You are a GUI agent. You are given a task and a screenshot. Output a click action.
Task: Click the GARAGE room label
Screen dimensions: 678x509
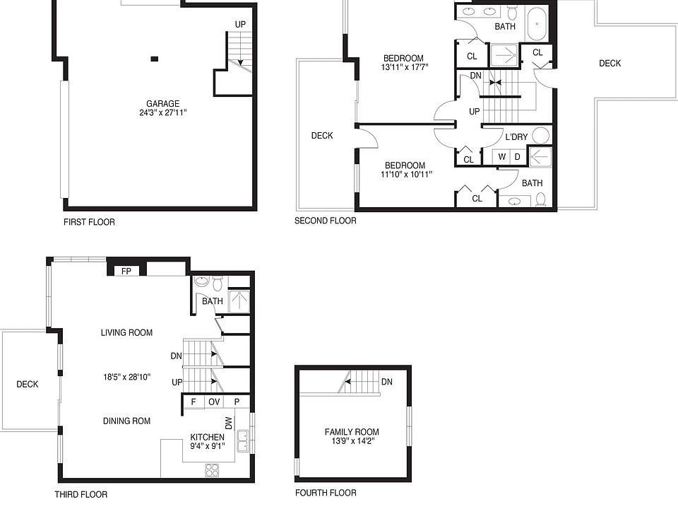[x=162, y=104]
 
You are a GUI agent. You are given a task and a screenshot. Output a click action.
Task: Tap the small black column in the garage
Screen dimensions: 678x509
[x=155, y=59]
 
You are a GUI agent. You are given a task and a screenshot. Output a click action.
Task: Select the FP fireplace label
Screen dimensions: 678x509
[x=126, y=271]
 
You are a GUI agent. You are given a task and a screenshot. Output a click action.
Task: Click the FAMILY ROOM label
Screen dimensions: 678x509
[x=352, y=432]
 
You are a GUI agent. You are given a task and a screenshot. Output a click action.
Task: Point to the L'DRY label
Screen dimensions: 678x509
[x=516, y=136]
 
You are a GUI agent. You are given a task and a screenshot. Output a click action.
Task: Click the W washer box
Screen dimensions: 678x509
[x=501, y=157]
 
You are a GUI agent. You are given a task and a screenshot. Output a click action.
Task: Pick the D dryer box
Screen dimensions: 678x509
[x=518, y=157]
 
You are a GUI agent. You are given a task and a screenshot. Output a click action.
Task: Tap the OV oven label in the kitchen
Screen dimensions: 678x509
[x=214, y=402]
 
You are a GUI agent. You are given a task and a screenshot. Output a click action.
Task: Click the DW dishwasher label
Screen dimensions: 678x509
[x=229, y=423]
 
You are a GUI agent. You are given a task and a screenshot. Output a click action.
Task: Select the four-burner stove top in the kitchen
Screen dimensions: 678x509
[x=212, y=470]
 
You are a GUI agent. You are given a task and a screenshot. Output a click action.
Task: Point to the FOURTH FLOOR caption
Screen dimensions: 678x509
[x=326, y=493]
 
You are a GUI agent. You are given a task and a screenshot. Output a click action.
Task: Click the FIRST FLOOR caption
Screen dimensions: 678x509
[x=89, y=222]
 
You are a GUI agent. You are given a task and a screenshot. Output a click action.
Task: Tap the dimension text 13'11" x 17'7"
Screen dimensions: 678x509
[x=405, y=68]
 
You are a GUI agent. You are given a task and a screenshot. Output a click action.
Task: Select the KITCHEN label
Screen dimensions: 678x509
[x=207, y=437]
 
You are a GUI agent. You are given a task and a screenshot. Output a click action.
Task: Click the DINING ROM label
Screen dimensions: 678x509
[x=126, y=421]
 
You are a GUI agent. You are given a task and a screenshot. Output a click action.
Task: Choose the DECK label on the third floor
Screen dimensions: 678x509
[x=28, y=385]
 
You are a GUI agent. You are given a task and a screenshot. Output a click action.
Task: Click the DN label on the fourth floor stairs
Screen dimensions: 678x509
[x=387, y=382]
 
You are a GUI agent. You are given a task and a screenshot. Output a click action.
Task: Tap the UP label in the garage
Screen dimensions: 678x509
[x=240, y=25]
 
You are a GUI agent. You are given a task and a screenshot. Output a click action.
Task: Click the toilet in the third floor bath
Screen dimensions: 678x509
[x=218, y=283]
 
